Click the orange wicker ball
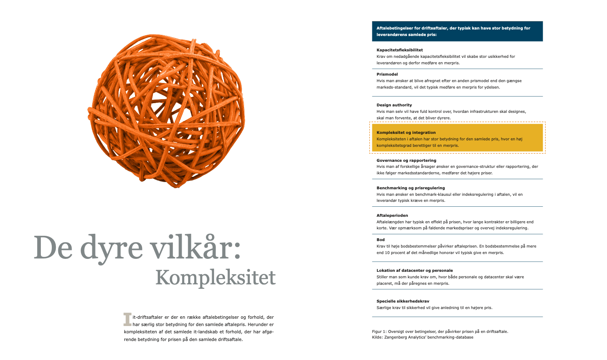pyautogui.click(x=166, y=111)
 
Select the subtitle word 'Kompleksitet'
pyautogui.click(x=215, y=277)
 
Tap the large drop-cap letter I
pyautogui.click(x=127, y=319)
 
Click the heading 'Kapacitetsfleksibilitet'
pyautogui.click(x=399, y=50)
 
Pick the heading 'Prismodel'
pyautogui.click(x=387, y=74)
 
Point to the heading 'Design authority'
pyautogui.click(x=394, y=105)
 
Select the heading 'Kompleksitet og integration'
pyautogui.click(x=406, y=133)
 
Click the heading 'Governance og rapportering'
pyautogui.click(x=406, y=161)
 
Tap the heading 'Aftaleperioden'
pyautogui.click(x=392, y=216)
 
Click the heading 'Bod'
pyautogui.click(x=380, y=240)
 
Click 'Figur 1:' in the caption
pyautogui.click(x=379, y=332)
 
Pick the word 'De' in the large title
pyautogui.click(x=48, y=248)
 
